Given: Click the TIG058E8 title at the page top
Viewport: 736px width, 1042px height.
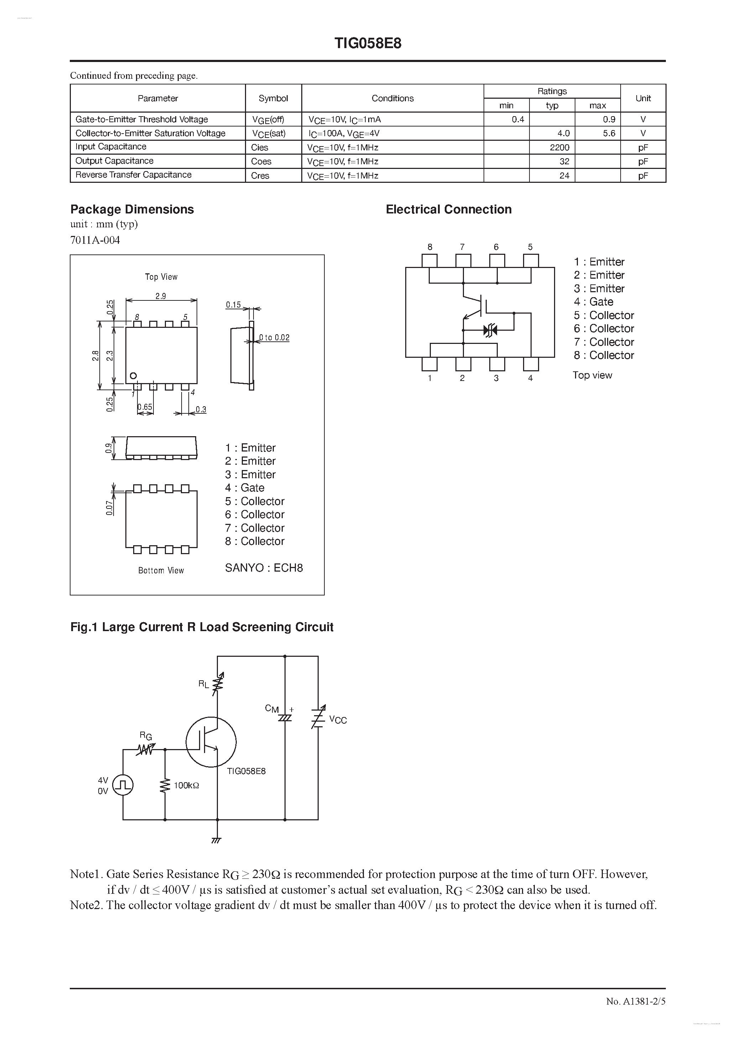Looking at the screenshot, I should [368, 43].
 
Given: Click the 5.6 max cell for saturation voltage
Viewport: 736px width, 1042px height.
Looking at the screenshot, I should [609, 133].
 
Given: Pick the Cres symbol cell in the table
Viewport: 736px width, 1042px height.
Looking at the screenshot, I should [260, 176].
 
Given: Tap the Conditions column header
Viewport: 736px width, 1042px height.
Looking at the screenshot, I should [392, 98].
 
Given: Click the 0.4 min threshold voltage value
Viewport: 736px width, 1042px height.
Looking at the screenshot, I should [517, 119].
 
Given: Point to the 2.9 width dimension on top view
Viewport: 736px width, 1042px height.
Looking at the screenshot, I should [161, 296].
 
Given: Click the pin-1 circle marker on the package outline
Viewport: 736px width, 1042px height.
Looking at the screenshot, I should [133, 376].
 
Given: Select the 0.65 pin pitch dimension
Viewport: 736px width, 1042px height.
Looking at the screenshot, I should [145, 407].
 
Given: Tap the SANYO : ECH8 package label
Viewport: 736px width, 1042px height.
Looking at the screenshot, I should [264, 568].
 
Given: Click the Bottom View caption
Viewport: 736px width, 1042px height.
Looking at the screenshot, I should [161, 571].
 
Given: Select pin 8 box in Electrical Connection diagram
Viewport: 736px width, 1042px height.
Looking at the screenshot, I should [429, 261].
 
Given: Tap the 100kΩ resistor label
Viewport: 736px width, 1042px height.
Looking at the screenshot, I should [186, 785].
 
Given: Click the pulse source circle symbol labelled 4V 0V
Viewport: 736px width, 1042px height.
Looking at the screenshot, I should [123, 785].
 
